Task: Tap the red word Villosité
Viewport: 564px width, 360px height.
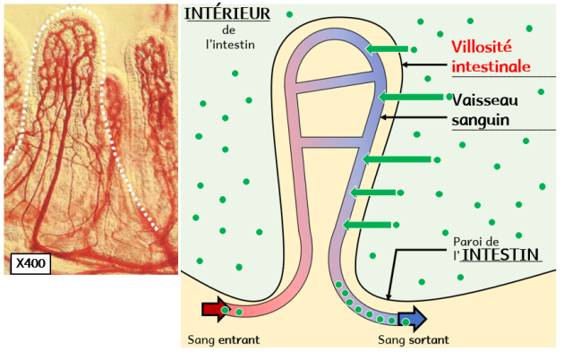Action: click(x=483, y=47)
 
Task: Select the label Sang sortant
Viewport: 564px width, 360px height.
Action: click(x=412, y=340)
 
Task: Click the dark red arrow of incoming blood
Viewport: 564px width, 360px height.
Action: click(x=216, y=311)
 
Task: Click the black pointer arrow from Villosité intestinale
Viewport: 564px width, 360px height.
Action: click(x=424, y=64)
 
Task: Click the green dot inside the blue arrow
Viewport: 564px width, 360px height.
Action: click(x=406, y=321)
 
